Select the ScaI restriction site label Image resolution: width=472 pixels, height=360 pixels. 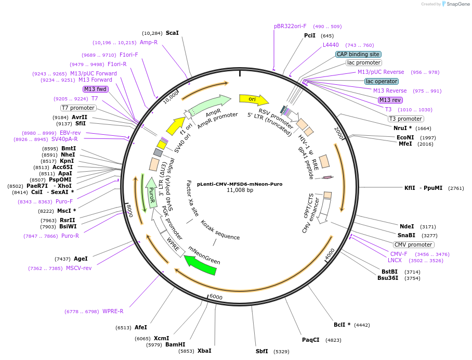172,33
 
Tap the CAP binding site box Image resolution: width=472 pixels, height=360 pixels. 358,54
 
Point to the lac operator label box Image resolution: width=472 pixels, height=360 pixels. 381,81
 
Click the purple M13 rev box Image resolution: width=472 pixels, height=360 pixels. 390,100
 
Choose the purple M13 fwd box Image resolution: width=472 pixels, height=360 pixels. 95,89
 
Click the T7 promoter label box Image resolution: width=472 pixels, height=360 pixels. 78,108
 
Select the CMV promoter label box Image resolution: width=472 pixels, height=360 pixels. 413,245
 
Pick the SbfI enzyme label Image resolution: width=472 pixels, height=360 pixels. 262,351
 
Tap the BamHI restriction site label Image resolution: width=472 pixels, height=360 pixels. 175,344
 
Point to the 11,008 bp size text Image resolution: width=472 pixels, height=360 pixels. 240,190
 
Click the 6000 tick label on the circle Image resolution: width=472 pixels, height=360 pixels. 216,297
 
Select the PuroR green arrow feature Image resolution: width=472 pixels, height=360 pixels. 151,192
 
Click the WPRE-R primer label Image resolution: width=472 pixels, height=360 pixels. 113,311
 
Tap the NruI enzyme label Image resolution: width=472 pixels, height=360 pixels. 400,128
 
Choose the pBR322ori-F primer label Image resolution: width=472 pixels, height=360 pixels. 290,26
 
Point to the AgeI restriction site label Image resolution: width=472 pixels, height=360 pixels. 81,259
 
